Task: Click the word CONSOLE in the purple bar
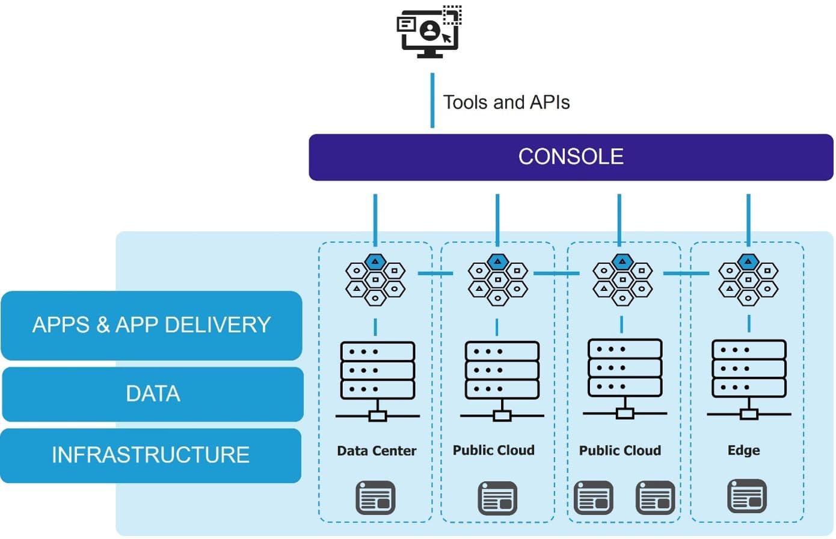pos(571,157)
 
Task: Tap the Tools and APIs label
pos(506,102)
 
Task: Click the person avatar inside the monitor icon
pos(430,30)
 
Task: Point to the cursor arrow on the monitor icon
pos(447,38)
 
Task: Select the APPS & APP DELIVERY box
pos(152,325)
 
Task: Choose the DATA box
pos(153,394)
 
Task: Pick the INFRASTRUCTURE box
pos(150,455)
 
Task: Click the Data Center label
pos(377,450)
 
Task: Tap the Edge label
pos(743,450)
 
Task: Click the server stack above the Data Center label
pos(378,370)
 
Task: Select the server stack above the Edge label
pos(749,369)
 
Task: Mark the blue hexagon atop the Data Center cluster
pos(375,261)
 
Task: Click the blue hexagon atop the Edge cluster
pos(748,261)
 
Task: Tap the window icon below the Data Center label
pos(375,497)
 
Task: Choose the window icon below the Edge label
pos(747,496)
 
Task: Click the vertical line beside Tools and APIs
pos(432,101)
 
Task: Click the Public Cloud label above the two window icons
pos(619,450)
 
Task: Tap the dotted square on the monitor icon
pos(452,14)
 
